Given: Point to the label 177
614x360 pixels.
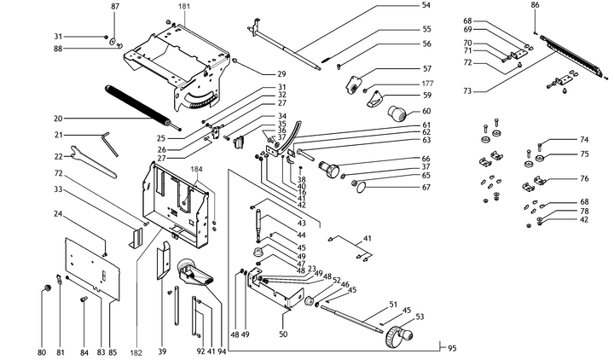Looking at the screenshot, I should tap(403, 85).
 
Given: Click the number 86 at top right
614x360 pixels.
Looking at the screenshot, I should tap(536, 6).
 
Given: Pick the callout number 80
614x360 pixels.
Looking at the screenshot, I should tap(42, 351).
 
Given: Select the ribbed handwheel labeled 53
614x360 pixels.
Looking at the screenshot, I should tap(396, 336).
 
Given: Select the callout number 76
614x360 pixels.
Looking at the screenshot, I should tap(584, 179).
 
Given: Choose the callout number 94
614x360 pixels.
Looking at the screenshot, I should tap(223, 351).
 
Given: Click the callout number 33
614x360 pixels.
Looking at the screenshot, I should tap(59, 189).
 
